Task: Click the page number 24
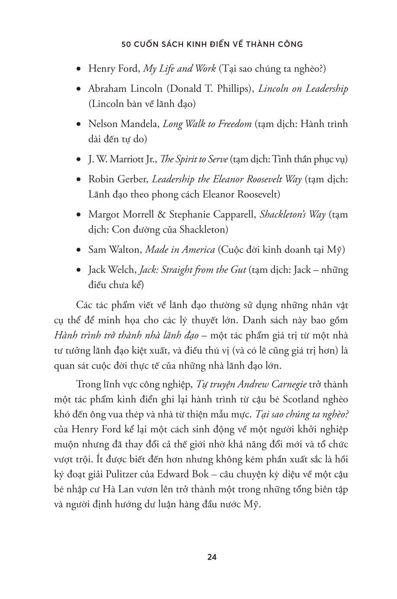(x=211, y=557)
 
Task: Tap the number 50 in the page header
(x=127, y=44)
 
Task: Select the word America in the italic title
(x=197, y=250)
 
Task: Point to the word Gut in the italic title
(x=238, y=270)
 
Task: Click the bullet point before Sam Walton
(x=78, y=250)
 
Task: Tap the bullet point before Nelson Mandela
(x=78, y=125)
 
